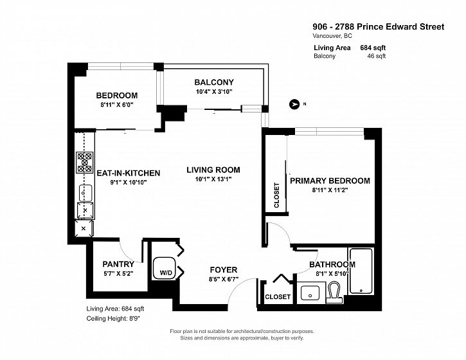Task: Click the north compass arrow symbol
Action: tap(294, 104)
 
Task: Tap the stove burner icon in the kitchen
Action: tap(85, 162)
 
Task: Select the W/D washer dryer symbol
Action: tap(164, 268)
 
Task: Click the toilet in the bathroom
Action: tap(334, 292)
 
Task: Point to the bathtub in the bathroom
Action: tap(361, 271)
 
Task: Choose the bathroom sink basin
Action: tap(310, 292)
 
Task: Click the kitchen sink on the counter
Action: tap(85, 194)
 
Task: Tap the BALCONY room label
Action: tap(214, 82)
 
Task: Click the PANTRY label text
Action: tap(118, 264)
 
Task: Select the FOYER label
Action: tap(224, 269)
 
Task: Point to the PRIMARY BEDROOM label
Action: tap(330, 181)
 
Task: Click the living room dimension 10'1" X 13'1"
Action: tap(213, 179)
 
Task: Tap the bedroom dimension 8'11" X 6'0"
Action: tap(116, 105)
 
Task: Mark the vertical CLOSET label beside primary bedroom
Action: tap(276, 195)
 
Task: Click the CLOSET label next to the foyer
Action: tap(278, 297)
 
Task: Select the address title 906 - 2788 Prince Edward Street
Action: tap(379, 27)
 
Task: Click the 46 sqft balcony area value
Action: tap(377, 56)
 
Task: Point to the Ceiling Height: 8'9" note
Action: tap(113, 318)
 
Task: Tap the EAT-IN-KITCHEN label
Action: tap(129, 173)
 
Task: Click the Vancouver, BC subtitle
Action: tap(332, 36)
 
